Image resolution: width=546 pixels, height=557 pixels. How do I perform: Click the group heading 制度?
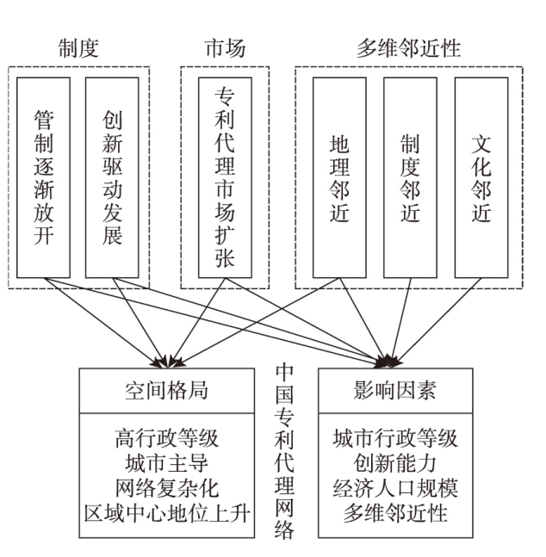click(x=78, y=47)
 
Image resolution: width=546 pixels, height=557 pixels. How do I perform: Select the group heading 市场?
click(x=224, y=47)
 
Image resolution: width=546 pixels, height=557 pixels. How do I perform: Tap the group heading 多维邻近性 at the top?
click(x=408, y=47)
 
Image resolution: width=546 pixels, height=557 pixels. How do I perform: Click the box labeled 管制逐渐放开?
click(x=43, y=176)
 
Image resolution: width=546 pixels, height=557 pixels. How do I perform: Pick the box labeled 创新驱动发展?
click(x=112, y=176)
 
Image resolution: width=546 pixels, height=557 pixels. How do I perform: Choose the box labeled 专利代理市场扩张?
click(x=224, y=176)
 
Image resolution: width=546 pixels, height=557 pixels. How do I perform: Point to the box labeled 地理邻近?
click(x=339, y=176)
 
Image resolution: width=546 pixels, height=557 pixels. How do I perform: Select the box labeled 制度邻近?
click(x=410, y=176)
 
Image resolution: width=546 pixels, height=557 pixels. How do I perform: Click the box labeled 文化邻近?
click(x=481, y=176)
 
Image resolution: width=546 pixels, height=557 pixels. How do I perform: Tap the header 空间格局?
click(x=166, y=390)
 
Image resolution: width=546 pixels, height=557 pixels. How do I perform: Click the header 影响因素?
click(x=395, y=390)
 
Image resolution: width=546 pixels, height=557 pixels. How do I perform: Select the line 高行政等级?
click(x=166, y=438)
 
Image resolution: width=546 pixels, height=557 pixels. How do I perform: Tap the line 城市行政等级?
click(x=395, y=438)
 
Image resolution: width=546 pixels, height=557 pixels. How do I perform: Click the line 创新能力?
click(x=395, y=463)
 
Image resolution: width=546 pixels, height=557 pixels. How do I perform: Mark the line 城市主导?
click(x=166, y=463)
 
